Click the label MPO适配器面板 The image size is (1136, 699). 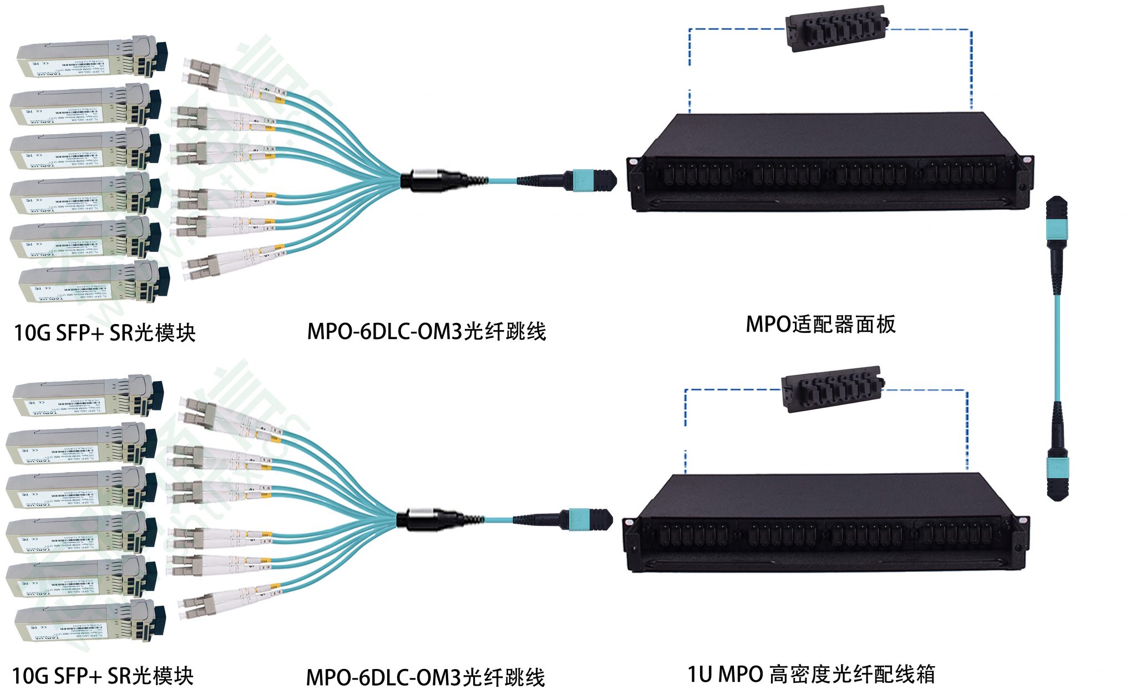820,325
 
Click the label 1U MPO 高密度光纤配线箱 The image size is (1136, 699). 811,675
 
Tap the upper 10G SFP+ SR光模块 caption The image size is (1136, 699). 104,333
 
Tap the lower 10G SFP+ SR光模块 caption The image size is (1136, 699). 103,676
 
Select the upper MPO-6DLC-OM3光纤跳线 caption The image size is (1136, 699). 427,332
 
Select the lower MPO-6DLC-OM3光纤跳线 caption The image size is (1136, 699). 425,677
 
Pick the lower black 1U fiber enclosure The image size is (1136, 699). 826,524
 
